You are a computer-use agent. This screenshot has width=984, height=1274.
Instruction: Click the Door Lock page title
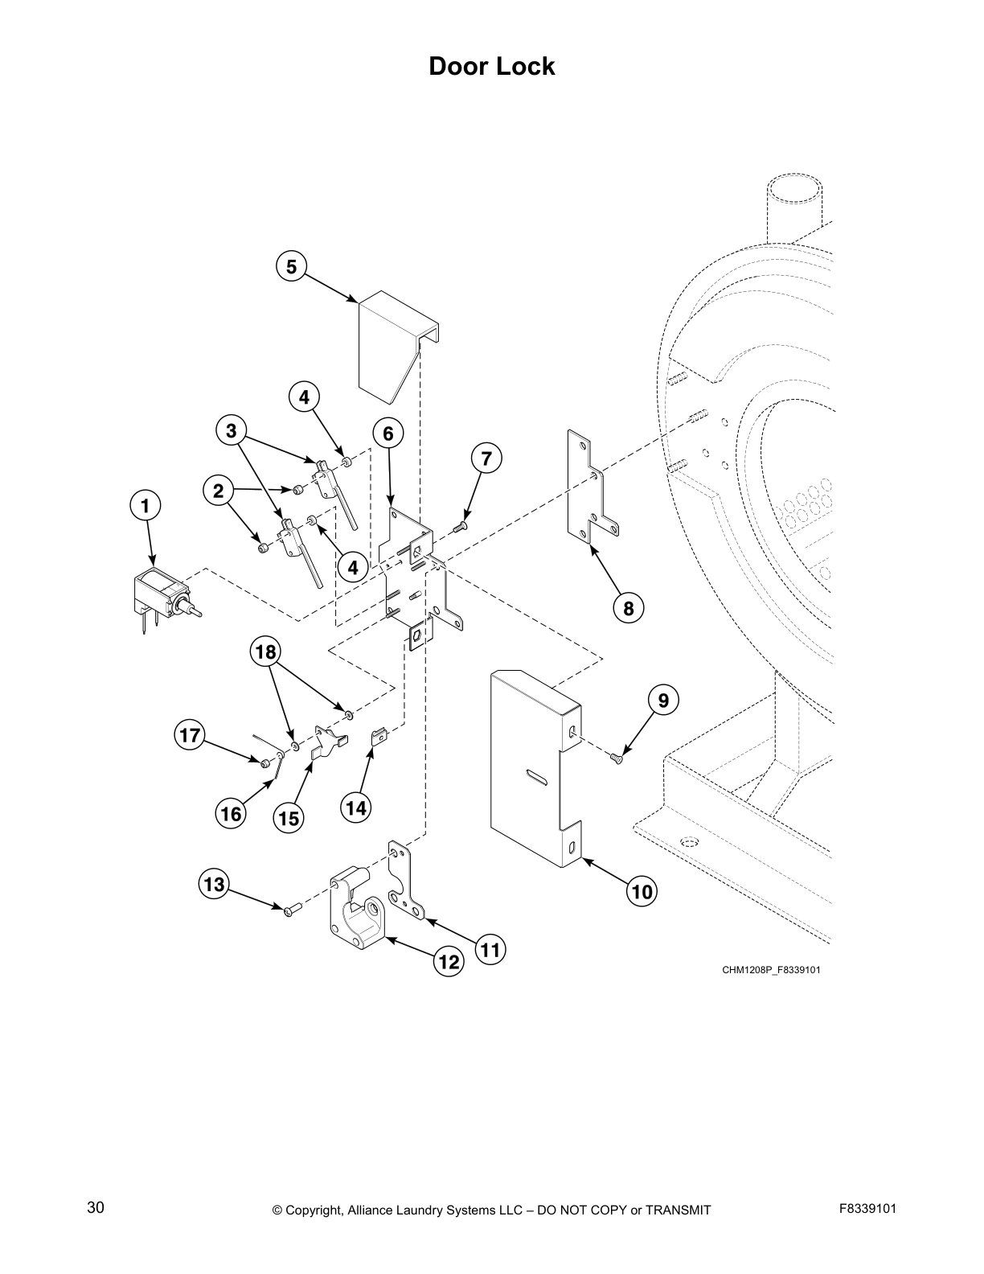tap(491, 66)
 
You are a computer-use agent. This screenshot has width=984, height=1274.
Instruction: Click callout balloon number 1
tap(146, 506)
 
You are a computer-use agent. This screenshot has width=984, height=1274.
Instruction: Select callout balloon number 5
tap(291, 266)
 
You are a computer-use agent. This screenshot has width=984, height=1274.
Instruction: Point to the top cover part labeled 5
tap(390, 346)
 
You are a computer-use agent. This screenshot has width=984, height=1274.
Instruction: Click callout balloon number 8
tap(628, 608)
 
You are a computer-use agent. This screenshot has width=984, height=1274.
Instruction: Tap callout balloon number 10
tap(642, 891)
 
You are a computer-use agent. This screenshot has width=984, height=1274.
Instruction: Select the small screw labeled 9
tap(617, 756)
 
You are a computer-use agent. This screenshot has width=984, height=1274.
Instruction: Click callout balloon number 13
tap(214, 886)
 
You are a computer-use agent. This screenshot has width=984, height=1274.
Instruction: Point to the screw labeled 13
tap(291, 909)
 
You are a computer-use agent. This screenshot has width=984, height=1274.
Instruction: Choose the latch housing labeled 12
tap(357, 909)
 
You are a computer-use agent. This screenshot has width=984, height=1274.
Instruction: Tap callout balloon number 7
tap(486, 459)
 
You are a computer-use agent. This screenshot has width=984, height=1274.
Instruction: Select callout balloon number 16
tap(231, 814)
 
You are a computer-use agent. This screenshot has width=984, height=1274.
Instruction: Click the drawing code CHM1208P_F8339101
tap(770, 970)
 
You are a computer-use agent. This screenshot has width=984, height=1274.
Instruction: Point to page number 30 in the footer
tap(96, 1207)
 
